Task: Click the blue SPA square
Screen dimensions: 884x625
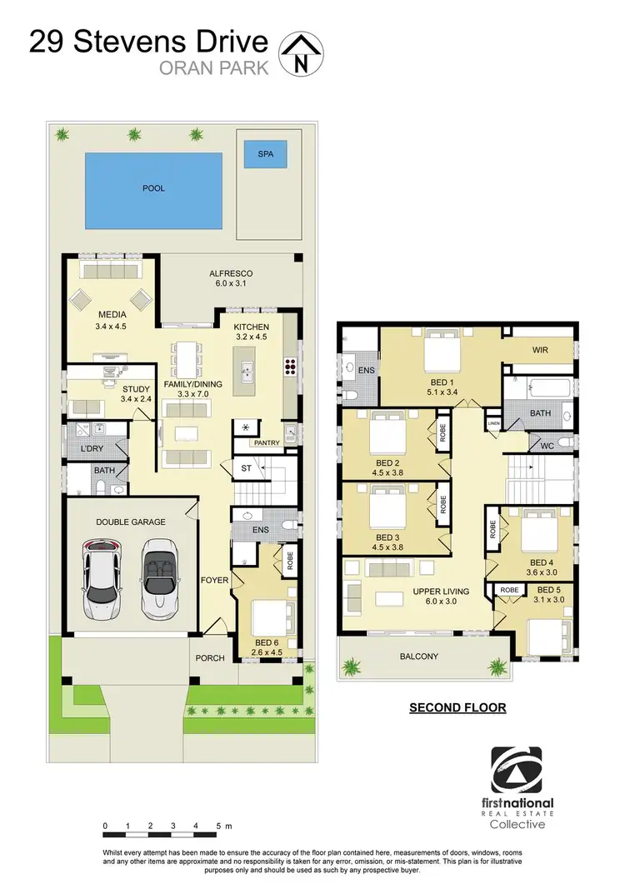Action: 265,154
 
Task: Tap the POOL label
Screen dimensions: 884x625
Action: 153,188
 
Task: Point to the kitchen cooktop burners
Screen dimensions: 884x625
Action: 292,363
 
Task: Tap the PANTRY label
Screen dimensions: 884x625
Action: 267,442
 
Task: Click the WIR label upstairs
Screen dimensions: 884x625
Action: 541,351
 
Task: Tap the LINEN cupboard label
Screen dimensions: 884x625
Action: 494,423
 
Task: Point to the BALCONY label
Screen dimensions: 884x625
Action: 418,657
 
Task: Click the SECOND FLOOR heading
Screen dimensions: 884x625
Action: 457,708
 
